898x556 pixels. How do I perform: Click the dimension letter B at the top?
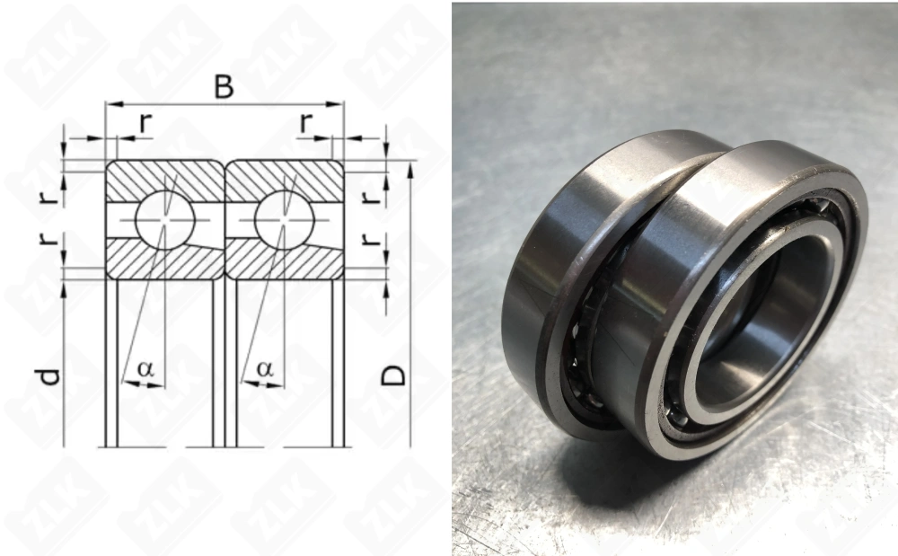(x=224, y=88)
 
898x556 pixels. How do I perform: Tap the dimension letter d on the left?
(x=49, y=376)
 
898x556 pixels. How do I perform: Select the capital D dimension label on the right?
(x=394, y=375)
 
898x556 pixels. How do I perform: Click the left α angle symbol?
(x=146, y=369)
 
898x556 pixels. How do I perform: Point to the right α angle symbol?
(x=265, y=369)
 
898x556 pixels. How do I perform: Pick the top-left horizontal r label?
(x=146, y=123)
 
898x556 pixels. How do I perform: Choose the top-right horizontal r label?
(x=307, y=123)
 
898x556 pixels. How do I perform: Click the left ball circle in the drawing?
(x=165, y=220)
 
